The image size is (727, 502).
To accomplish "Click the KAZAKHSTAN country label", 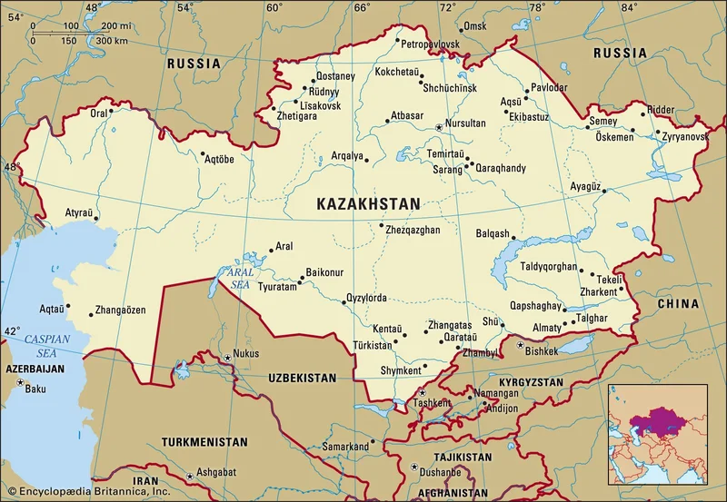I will [x=368, y=205].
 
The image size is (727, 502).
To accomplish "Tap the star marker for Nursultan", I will [x=439, y=127].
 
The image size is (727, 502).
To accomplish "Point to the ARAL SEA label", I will [x=240, y=277].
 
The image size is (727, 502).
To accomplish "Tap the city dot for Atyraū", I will [x=96, y=218].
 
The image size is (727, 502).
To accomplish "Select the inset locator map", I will [x=657, y=434].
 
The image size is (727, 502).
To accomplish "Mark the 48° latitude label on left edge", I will [x=11, y=167].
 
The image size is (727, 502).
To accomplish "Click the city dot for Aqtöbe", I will [x=204, y=154].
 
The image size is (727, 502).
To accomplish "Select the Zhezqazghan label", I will [x=414, y=230].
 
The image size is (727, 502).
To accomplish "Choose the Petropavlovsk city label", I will [x=431, y=44].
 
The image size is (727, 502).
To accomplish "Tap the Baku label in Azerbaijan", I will [x=35, y=389].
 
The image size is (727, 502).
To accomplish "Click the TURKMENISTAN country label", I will [x=204, y=442].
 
